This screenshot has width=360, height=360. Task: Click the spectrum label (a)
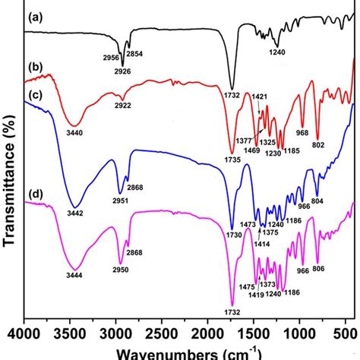[x=36, y=16]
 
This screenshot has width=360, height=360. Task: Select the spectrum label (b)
[x=36, y=70]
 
